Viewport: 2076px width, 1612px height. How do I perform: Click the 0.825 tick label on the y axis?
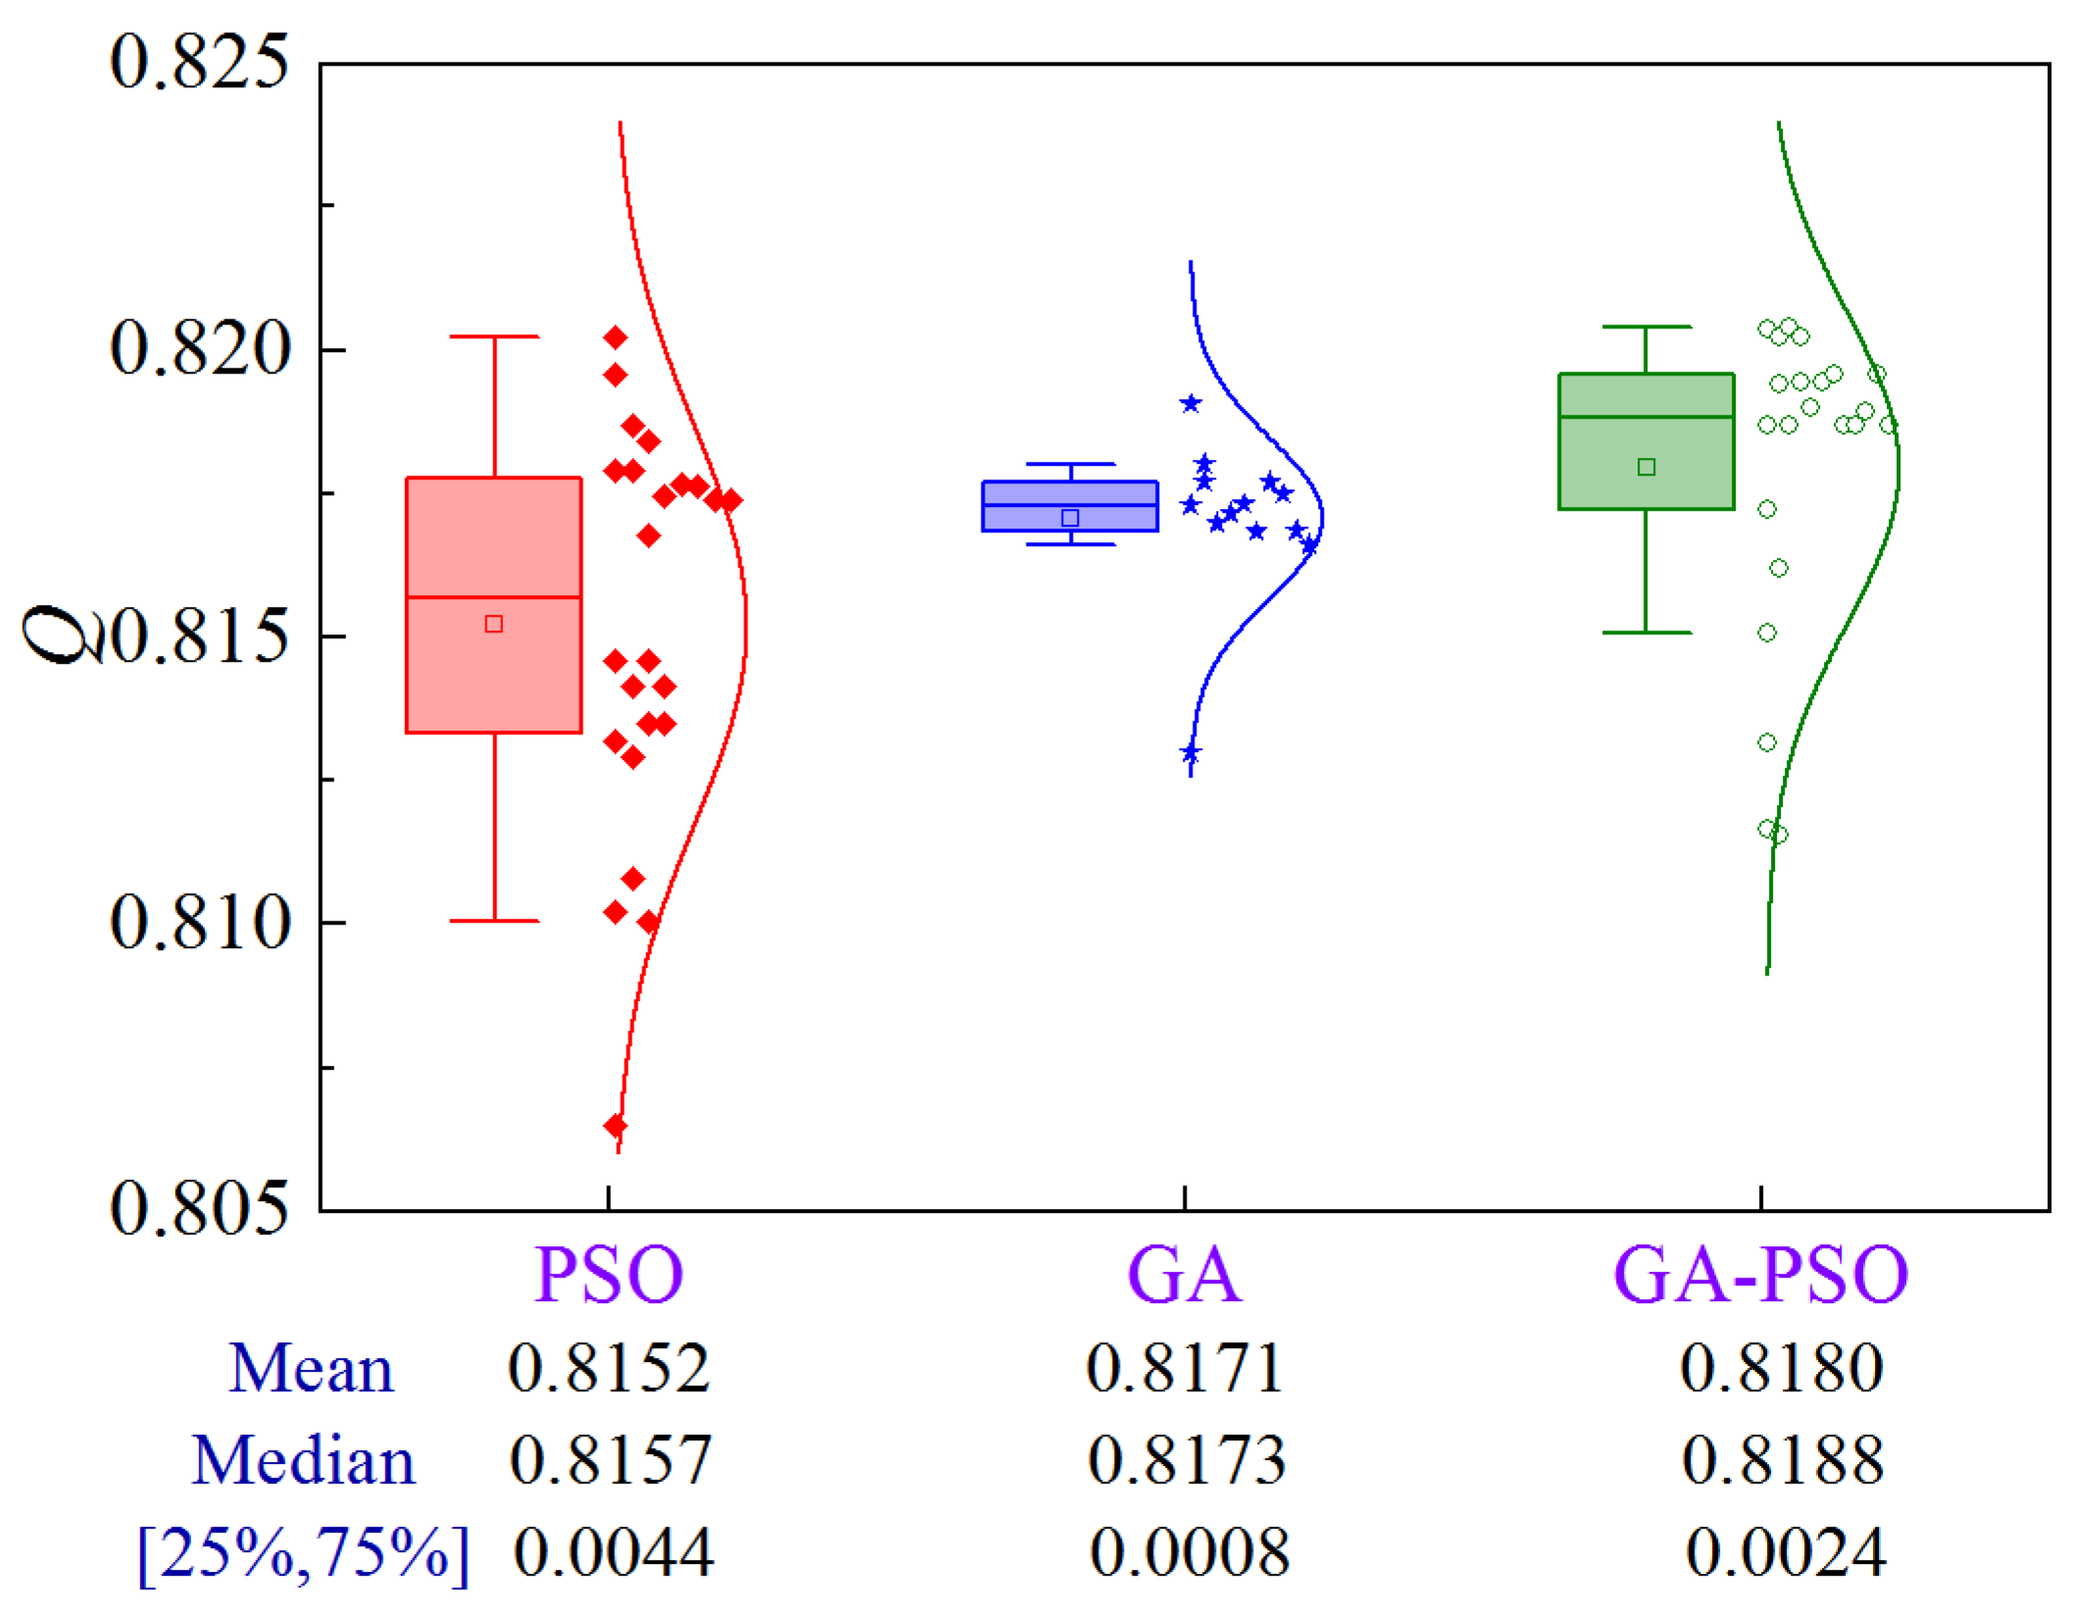(199, 63)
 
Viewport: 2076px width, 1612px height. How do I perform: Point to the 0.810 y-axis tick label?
(200, 923)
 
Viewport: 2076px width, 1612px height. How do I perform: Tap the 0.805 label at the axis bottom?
(200, 1207)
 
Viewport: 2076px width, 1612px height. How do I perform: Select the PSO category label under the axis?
(608, 1275)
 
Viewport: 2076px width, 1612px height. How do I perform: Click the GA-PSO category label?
(1760, 1275)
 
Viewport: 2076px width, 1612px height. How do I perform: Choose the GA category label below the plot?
(1185, 1275)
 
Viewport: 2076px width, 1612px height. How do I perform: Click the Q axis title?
(61, 634)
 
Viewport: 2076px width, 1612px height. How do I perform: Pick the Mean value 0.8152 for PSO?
(608, 1368)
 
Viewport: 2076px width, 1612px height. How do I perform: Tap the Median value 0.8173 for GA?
(1187, 1460)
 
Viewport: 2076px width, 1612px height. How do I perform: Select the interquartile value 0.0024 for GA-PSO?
(1785, 1552)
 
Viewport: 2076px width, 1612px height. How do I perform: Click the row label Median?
(304, 1460)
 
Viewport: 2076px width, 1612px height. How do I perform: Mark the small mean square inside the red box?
(494, 624)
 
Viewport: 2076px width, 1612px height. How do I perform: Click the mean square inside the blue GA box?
(1070, 518)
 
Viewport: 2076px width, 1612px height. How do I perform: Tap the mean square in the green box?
(1646, 467)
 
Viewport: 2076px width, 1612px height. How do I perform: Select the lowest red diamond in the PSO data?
(615, 1125)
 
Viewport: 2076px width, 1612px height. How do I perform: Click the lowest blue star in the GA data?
(1190, 753)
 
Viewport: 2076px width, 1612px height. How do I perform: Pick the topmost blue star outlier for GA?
(1190, 403)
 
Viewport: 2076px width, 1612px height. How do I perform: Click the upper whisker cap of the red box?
(494, 336)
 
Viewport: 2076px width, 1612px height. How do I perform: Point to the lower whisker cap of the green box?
(1646, 632)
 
